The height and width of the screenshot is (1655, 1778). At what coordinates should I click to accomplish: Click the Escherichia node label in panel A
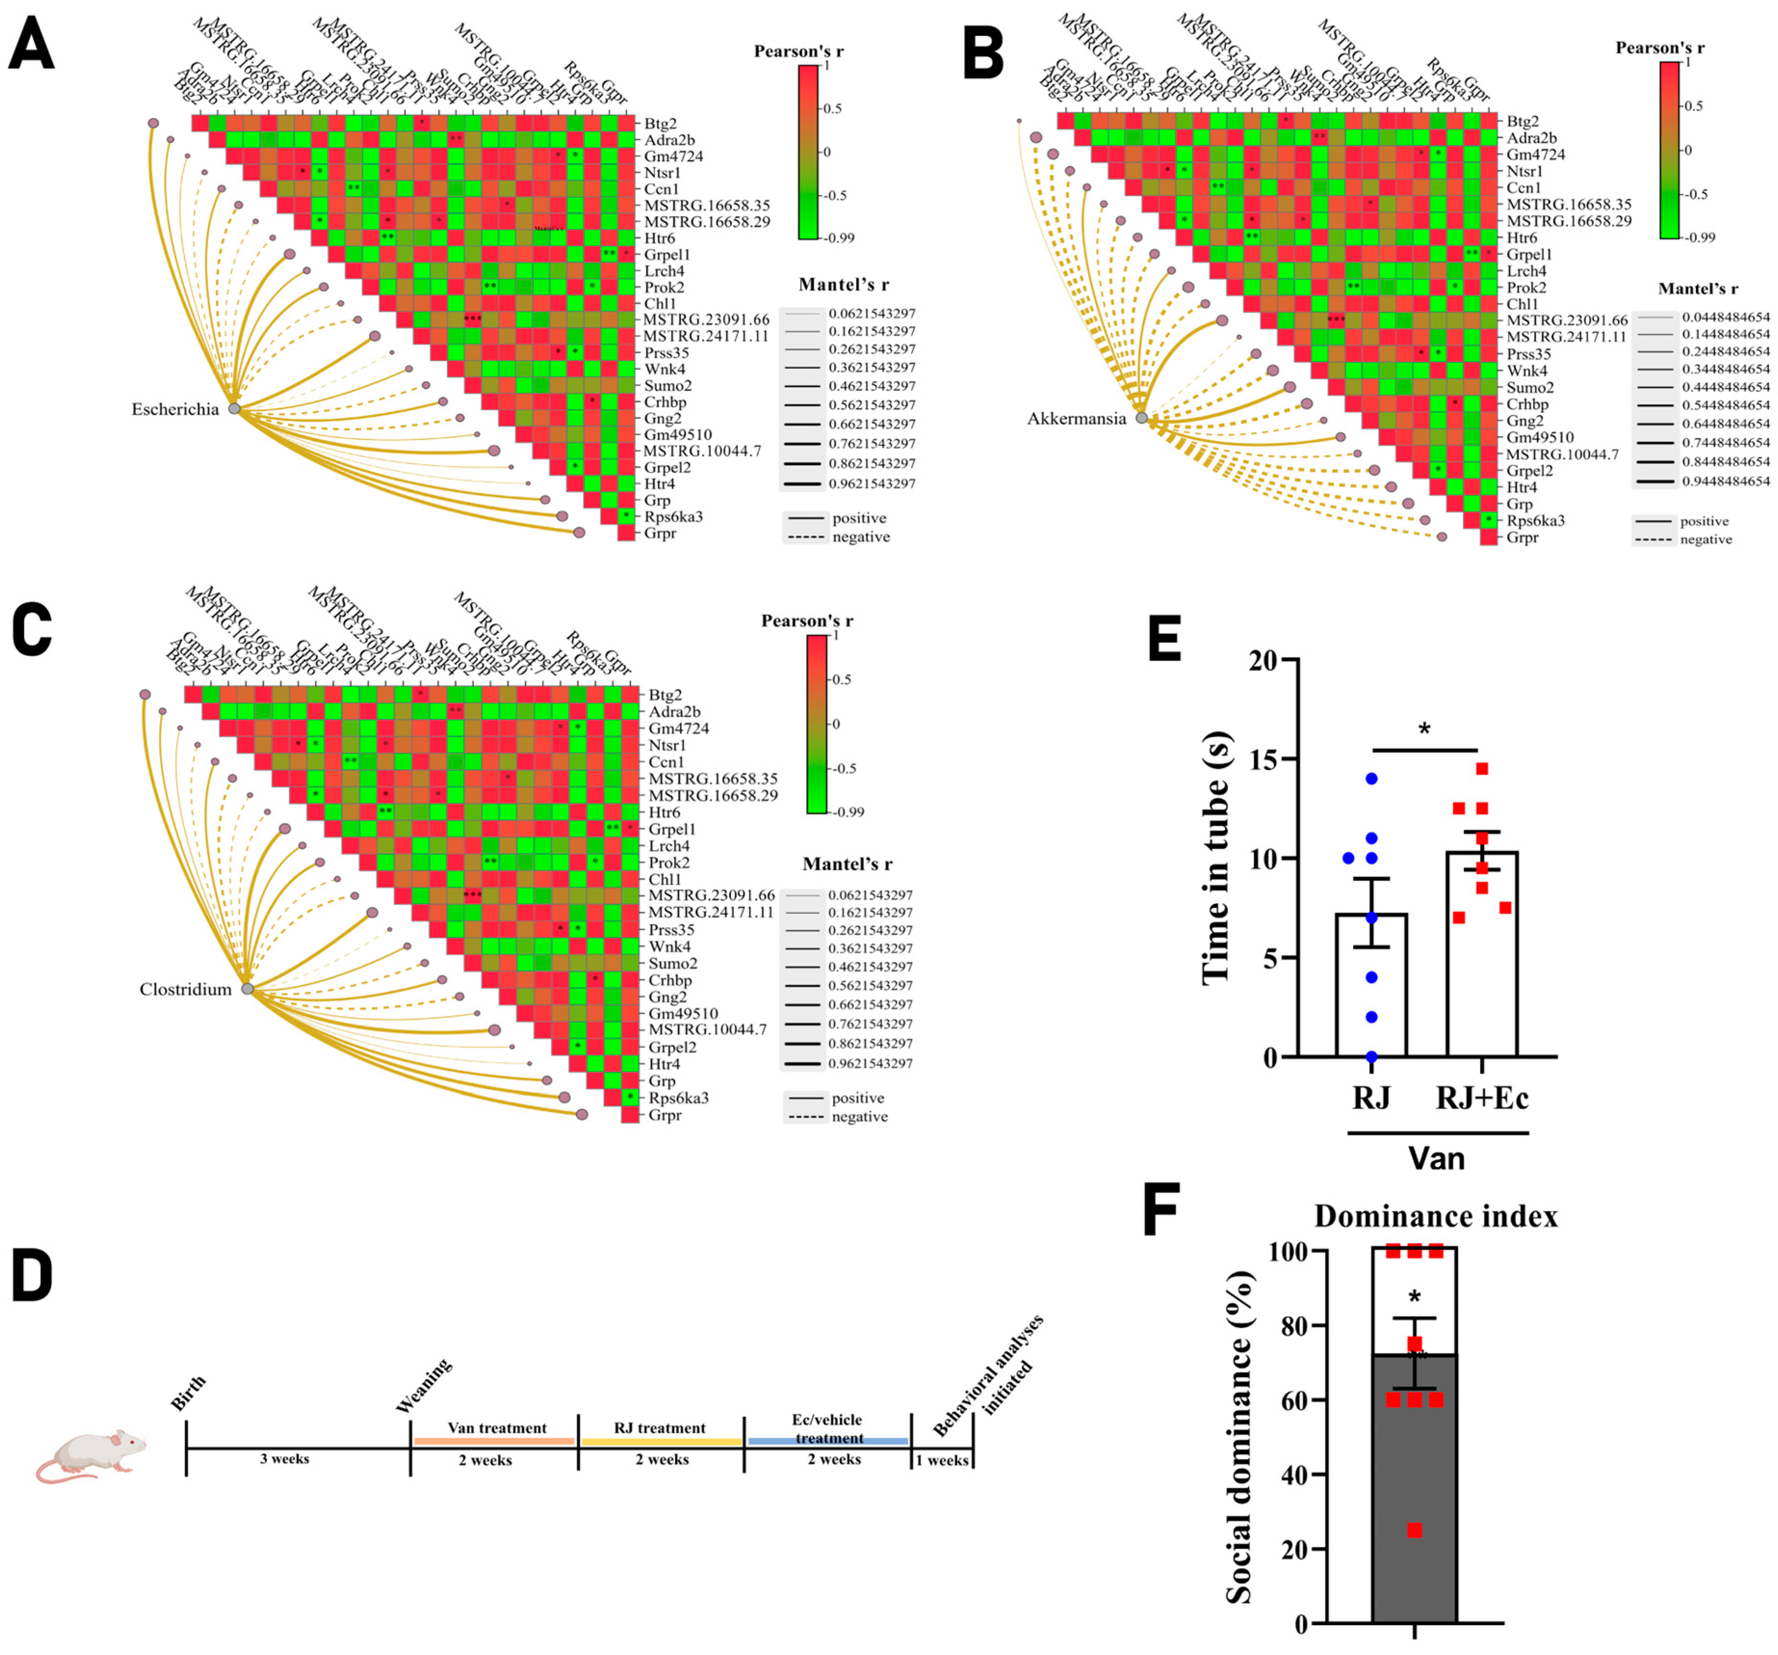tap(175, 410)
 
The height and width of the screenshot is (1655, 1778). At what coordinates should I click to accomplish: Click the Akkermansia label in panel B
tap(1077, 418)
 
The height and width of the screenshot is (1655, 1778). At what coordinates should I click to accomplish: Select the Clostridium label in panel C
tap(185, 989)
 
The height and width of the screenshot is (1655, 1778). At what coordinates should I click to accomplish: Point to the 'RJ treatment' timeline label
tap(660, 1428)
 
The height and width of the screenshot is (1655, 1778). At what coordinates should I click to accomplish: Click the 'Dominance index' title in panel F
tap(1436, 1216)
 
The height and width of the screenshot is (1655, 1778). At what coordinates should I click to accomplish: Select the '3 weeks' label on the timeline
tap(285, 1459)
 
